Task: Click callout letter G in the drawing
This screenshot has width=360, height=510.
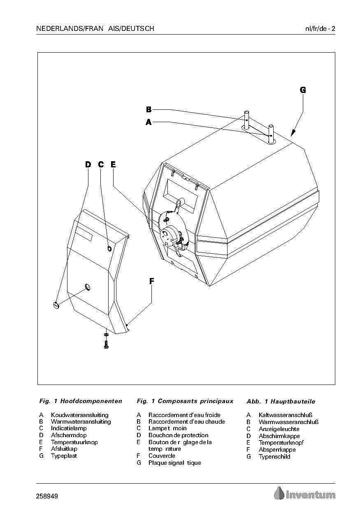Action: tap(303, 90)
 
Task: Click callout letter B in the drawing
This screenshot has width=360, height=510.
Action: tap(149, 109)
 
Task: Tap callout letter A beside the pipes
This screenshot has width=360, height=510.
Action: tap(149, 122)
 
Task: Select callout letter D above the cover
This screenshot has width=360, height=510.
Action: tap(88, 165)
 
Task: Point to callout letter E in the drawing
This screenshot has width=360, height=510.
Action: tap(113, 165)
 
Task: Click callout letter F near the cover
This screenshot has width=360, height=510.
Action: tap(151, 281)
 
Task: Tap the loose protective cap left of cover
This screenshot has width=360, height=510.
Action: tap(56, 305)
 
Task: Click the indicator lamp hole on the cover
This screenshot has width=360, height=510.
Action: tap(109, 248)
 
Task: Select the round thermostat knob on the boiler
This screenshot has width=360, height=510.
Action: tap(170, 234)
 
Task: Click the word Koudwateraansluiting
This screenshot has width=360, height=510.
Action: tap(79, 415)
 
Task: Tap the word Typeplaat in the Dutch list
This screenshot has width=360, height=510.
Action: tap(64, 456)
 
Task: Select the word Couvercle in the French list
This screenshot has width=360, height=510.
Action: tap(162, 456)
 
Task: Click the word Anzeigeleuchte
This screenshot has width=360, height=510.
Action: tap(279, 429)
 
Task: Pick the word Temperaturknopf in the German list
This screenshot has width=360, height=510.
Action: tap(281, 443)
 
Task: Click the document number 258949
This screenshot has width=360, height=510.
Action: tap(47, 496)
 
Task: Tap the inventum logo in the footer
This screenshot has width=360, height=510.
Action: tap(305, 494)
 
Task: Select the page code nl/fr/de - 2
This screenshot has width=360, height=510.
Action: tap(320, 29)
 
